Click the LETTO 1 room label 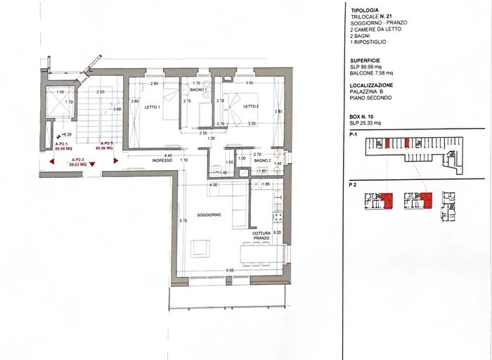(153, 107)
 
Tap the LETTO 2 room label (252, 106)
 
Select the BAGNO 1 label (198, 91)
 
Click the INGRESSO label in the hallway (162, 160)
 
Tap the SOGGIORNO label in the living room (209, 214)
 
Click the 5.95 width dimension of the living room (231, 271)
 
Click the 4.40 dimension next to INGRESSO (169, 155)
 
